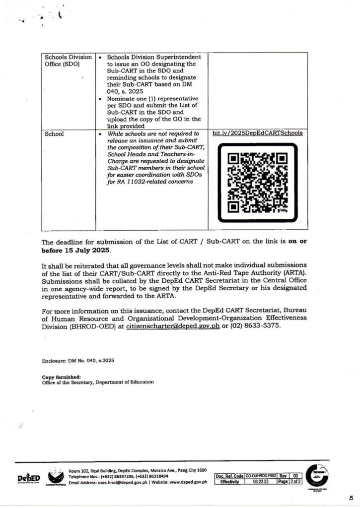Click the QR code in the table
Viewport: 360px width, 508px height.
click(257, 184)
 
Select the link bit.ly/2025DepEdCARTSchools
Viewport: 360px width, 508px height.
click(257, 133)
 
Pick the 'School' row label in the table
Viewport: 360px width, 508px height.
click(54, 133)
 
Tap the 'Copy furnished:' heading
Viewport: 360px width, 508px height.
click(57, 377)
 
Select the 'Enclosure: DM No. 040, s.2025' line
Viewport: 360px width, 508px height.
click(78, 361)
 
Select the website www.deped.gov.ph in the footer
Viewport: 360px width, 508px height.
click(186, 482)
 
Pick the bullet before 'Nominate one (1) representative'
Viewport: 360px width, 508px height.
click(101, 99)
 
